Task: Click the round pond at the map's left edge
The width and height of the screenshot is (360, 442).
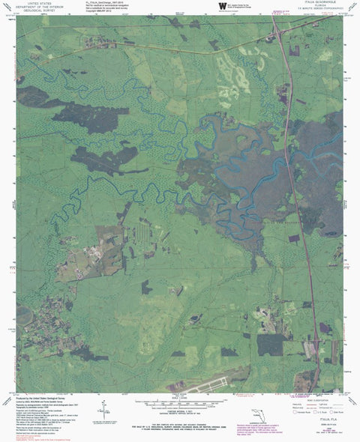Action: coord(22,315)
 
